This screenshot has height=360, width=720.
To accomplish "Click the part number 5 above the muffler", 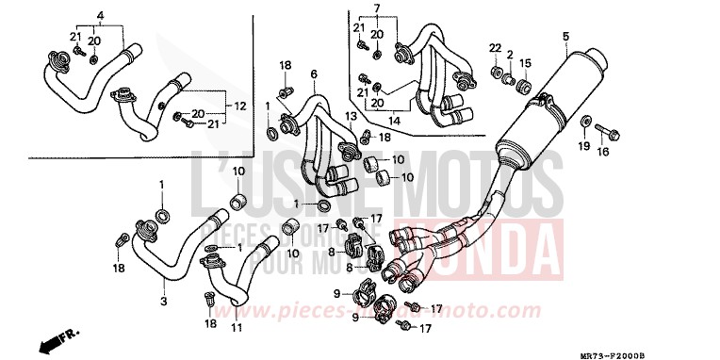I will pos(565,37).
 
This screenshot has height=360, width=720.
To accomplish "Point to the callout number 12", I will pos(239,106).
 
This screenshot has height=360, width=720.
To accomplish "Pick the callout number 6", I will pos(313,74).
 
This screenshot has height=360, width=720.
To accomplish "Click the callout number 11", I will pos(237,327).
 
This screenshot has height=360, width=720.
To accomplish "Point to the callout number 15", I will pos(526,63).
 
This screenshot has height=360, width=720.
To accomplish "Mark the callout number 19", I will pos(583,147).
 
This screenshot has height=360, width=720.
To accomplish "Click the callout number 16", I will pos(604,150).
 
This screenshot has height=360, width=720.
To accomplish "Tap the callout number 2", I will pos(510,55).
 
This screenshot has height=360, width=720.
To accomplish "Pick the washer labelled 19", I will pos(587,122).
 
